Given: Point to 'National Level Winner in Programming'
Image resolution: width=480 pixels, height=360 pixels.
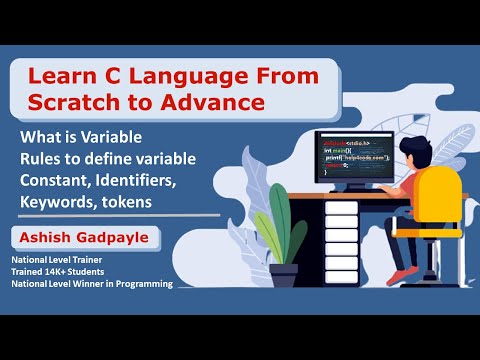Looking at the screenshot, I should coord(92,285).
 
